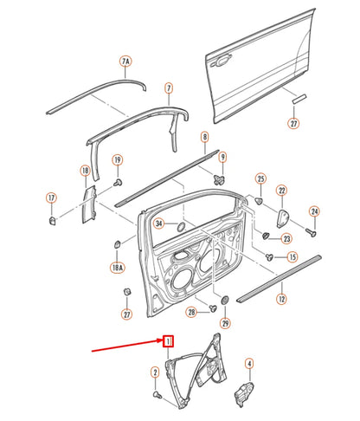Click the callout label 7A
coord(125,62)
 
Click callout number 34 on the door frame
coord(159,223)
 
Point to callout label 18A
coord(116,269)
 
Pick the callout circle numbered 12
coord(281,299)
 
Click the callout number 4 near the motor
coord(248,364)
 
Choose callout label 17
coord(52,198)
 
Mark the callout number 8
coord(204,137)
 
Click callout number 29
coord(226,323)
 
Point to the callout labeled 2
coord(154,372)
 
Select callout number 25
coord(260,179)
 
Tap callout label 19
coord(118,159)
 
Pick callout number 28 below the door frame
coord(190,312)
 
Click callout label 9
coord(222,157)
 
